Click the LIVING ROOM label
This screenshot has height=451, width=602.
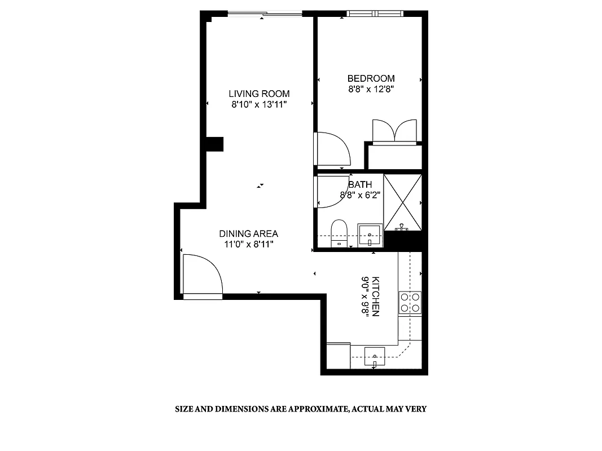tap(259, 94)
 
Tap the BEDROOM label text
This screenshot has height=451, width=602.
tap(371, 78)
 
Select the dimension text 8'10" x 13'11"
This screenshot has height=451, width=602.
tap(259, 104)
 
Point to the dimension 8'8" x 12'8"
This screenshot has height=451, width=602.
tap(371, 89)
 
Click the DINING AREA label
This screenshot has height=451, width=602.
tap(248, 233)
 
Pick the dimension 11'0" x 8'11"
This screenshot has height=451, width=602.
tap(248, 244)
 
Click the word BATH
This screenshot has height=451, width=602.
tap(361, 184)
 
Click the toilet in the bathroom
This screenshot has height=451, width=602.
tap(339, 232)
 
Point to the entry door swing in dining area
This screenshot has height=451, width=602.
tap(202, 275)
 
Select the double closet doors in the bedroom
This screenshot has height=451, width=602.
tap(394, 131)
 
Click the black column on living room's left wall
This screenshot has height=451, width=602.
tap(214, 144)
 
